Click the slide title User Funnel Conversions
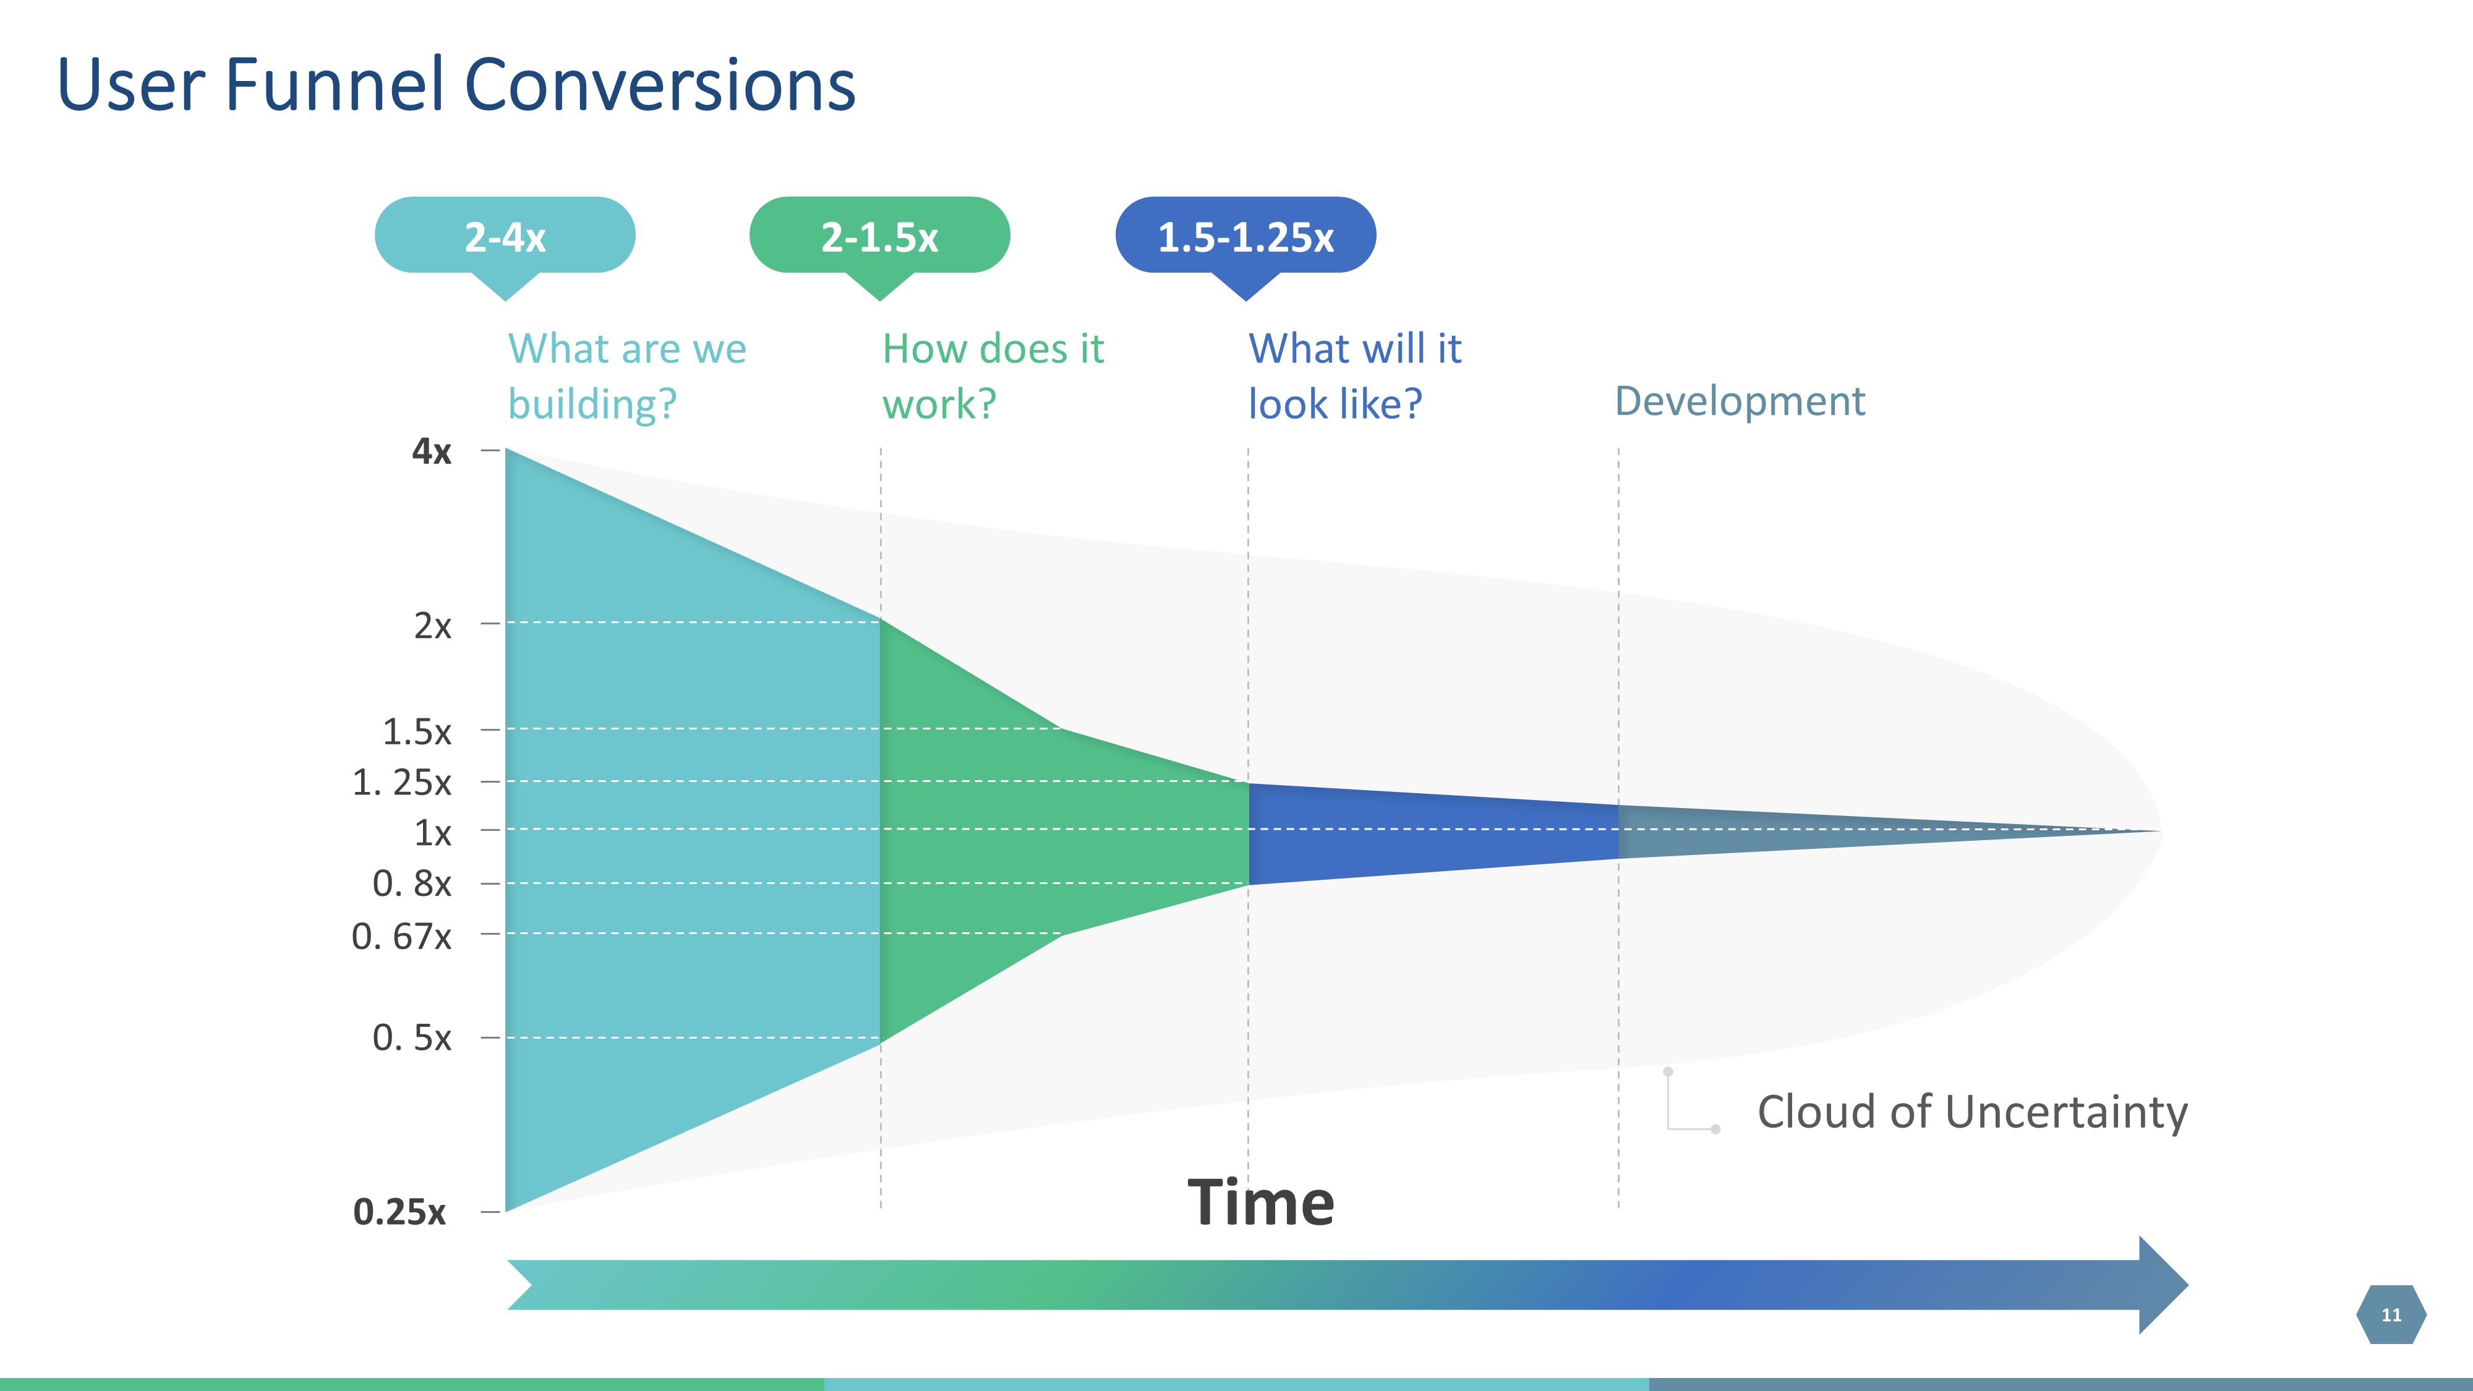tap(456, 85)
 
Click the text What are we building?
tap(627, 376)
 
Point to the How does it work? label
tap(993, 376)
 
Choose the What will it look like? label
tap(1354, 376)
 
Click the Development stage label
tap(1740, 401)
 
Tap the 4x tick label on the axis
tap(431, 451)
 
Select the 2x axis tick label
tap(432, 626)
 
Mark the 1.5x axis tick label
tap(417, 733)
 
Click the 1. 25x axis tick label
tap(401, 783)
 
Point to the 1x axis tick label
tap(432, 833)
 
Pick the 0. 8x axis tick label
tap(412, 884)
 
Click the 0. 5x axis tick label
tap(412, 1039)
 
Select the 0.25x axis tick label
tap(399, 1212)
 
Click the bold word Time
tap(1260, 1203)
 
